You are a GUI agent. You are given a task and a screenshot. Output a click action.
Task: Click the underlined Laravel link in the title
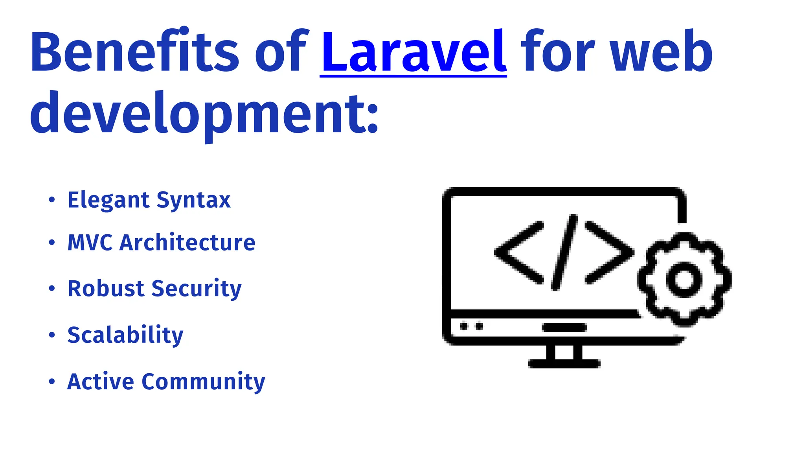coord(413,52)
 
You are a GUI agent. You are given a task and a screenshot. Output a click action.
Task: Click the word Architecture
coord(187,243)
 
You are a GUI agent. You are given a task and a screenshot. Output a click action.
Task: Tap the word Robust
coord(106,289)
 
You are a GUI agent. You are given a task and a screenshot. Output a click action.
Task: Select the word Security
coord(196,289)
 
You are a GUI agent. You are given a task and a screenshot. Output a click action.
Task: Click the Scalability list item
coord(125,335)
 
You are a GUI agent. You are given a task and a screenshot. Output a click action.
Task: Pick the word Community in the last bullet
coord(203,382)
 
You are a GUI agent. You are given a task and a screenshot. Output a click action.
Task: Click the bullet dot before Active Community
coord(52,381)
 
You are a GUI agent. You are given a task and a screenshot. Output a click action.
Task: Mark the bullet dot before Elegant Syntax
coord(52,200)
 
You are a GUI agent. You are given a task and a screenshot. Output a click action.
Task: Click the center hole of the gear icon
coord(684,279)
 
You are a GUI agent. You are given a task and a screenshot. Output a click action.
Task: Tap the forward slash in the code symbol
coord(564,252)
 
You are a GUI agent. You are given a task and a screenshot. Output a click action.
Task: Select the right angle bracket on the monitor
coord(609,252)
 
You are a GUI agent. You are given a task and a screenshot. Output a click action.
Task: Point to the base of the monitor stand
coord(564,363)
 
